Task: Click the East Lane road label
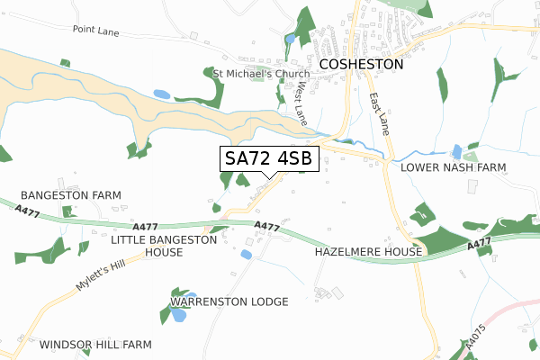[x=380, y=114]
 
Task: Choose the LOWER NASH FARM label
[x=454, y=167]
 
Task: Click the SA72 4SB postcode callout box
[x=268, y=158]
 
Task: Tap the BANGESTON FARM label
[x=70, y=195]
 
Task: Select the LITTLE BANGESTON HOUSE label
[x=164, y=247]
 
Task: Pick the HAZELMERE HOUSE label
[x=368, y=253]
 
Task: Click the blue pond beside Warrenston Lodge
[x=179, y=315]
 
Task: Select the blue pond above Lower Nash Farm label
[x=456, y=151]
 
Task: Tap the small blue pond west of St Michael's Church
[x=161, y=94]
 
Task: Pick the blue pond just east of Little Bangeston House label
[x=246, y=255]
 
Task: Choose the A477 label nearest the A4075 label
[x=479, y=245]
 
